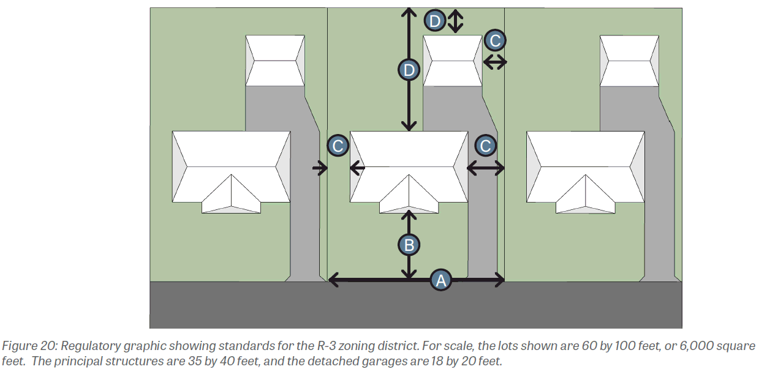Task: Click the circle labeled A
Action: [x=441, y=280]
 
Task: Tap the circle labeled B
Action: [x=409, y=245]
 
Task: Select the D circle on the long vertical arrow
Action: [x=409, y=70]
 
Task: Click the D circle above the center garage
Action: [x=435, y=21]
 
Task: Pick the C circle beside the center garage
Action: [x=496, y=40]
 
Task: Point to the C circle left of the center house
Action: [x=338, y=146]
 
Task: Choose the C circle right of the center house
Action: [x=486, y=146]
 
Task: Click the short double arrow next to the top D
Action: [x=455, y=21]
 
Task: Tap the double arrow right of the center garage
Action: [x=495, y=62]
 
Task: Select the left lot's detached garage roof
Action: [x=275, y=61]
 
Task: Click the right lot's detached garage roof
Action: [x=630, y=61]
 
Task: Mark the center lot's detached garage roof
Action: [x=452, y=61]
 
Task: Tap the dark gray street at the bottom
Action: [x=416, y=305]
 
